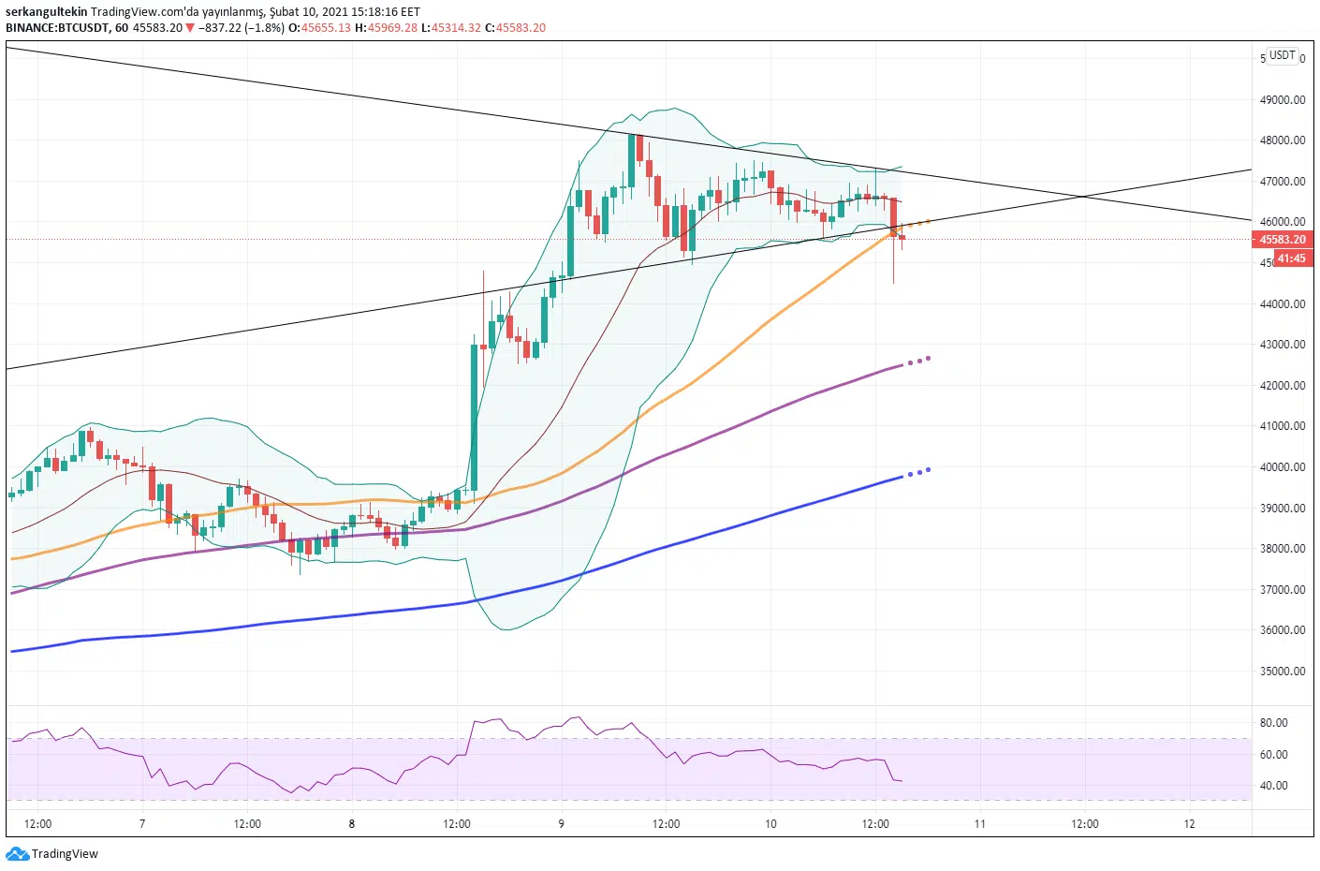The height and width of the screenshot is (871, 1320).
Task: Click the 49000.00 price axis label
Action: (1282, 100)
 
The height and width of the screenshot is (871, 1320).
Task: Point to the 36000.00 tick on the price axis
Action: (1282, 630)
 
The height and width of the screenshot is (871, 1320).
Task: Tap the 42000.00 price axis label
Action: (1282, 386)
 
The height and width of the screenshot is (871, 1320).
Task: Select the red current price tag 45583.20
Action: (1282, 240)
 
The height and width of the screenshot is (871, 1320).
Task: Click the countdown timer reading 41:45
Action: (1291, 258)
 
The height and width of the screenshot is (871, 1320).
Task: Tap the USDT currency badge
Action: (1282, 55)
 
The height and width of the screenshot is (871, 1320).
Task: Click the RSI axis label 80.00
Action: (1273, 723)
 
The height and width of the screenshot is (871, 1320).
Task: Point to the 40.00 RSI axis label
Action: (1273, 786)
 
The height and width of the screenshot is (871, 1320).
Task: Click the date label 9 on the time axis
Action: (561, 824)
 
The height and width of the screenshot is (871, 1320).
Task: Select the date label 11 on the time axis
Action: (979, 824)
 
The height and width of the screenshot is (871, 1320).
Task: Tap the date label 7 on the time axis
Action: (142, 824)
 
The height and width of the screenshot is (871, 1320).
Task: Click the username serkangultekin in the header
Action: (46, 12)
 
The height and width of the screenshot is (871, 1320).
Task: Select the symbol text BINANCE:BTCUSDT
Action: (57, 27)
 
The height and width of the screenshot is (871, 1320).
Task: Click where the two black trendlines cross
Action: (1083, 196)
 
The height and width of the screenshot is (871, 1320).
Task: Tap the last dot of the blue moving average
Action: (928, 469)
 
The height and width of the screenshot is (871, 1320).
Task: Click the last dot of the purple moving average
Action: (928, 358)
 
